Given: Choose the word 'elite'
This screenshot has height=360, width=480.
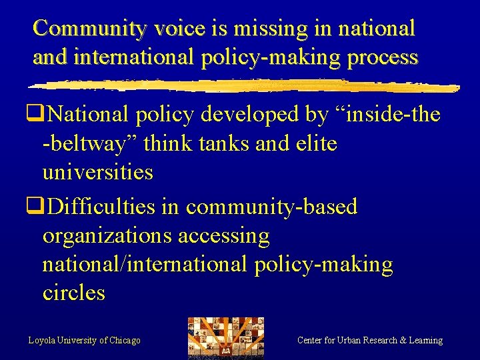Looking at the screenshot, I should point(316,143).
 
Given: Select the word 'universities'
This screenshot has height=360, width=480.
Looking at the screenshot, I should point(97,172).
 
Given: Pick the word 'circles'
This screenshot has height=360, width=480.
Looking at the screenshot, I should point(73,293).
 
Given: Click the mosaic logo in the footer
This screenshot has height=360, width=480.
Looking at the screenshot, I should point(225,337).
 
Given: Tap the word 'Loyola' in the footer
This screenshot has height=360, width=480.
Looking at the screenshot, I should point(42,341).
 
